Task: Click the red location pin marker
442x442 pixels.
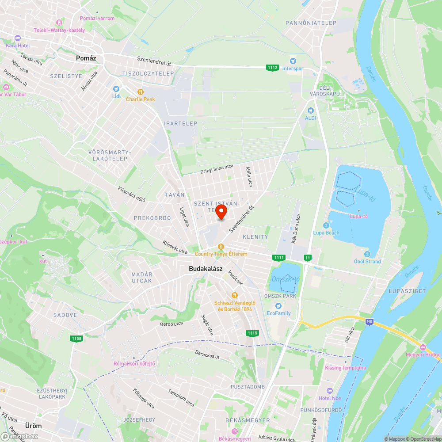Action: [x=221, y=212]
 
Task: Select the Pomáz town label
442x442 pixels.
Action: [x=86, y=58]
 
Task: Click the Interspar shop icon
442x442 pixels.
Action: [x=292, y=61]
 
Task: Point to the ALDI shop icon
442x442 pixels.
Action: [x=310, y=110]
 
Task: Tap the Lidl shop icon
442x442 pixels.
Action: [x=116, y=89]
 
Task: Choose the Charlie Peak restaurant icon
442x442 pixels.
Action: [x=141, y=92]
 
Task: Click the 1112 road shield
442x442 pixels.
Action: [x=273, y=68]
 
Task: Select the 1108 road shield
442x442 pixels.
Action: [x=76, y=339]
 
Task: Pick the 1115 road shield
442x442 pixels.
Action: [x=252, y=333]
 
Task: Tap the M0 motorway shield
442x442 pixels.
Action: [x=370, y=322]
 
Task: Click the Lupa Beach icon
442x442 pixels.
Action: [x=326, y=225]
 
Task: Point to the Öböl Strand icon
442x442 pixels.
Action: [x=367, y=254]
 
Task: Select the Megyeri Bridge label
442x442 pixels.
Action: [x=423, y=354]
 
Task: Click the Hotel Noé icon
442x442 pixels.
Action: [x=329, y=391]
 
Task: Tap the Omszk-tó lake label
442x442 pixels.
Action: [x=286, y=279]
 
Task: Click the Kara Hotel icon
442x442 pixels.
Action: [x=17, y=38]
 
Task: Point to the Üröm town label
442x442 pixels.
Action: [x=34, y=426]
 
